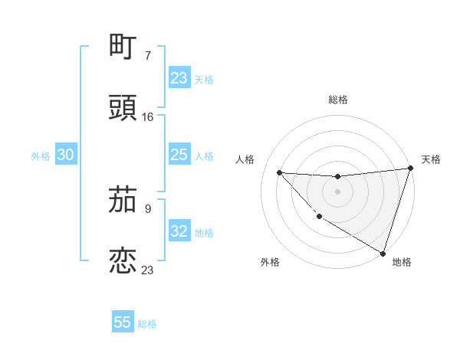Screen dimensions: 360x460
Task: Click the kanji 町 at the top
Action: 123,47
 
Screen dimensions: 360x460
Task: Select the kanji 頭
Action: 123,108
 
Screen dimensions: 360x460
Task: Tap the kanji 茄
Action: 123,201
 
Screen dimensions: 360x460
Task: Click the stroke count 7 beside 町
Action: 148,56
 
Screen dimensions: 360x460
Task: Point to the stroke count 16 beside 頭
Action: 148,117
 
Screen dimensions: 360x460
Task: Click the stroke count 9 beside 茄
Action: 148,209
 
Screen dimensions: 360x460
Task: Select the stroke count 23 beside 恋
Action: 148,270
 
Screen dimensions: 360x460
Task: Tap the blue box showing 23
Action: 179,78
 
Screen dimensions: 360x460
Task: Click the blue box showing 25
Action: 179,155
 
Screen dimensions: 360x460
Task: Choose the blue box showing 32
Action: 179,231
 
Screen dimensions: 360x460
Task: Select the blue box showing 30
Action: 66,155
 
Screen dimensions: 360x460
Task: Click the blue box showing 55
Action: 123,322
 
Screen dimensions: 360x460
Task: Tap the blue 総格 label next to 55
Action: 147,324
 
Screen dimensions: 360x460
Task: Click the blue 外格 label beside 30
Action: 41,155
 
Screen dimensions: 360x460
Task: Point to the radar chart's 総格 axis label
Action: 338,100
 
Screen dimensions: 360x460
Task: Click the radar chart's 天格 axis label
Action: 431,159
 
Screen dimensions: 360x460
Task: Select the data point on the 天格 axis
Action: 410,169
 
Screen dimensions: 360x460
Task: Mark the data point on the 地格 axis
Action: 383,253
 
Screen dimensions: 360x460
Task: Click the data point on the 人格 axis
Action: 279,172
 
